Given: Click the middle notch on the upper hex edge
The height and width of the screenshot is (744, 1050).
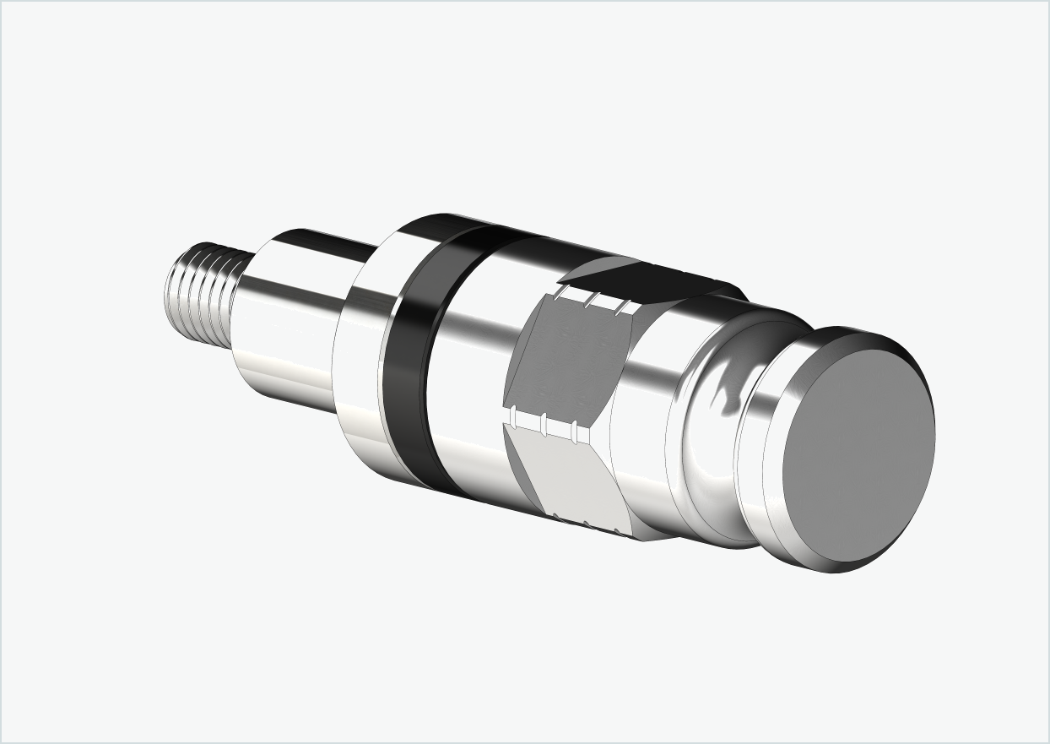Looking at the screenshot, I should [x=595, y=299].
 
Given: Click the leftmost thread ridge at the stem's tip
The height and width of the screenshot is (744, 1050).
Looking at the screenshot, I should [x=172, y=287].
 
